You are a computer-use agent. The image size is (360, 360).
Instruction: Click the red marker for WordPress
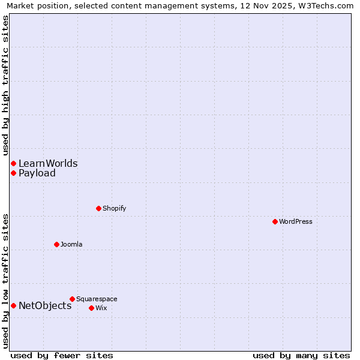click(275, 221)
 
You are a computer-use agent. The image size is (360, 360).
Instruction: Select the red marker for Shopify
click(98, 208)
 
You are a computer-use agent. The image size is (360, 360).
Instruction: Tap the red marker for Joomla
click(56, 244)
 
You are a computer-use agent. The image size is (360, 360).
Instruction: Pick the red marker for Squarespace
click(72, 299)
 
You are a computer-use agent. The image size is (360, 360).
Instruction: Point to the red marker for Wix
click(91, 308)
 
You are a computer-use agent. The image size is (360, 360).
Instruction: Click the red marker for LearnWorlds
click(13, 163)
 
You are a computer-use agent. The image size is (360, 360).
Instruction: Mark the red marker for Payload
click(13, 173)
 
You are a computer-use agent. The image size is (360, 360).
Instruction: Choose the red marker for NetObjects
click(13, 305)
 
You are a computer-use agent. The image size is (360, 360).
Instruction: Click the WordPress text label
click(296, 221)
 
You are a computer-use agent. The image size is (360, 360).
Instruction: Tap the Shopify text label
click(114, 208)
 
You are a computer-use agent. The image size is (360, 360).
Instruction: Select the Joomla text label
click(71, 244)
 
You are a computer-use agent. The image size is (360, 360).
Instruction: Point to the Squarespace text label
click(97, 299)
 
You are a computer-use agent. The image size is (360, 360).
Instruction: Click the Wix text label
click(101, 308)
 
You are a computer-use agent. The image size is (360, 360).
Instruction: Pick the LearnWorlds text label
click(48, 163)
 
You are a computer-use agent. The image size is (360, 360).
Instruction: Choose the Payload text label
click(37, 173)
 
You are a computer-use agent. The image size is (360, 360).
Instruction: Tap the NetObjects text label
click(45, 305)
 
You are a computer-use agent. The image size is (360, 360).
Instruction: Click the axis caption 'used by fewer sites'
click(62, 355)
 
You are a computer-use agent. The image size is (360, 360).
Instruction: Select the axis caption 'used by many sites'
click(301, 355)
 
